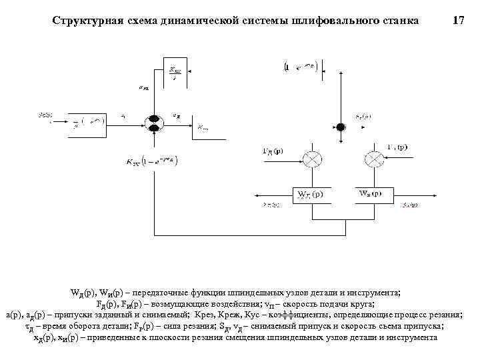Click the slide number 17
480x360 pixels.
pos(458,21)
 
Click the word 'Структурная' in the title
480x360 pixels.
pos(85,21)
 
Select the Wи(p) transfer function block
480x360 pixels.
pos(370,194)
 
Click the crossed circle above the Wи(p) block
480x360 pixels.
pos(372,159)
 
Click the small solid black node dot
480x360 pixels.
pos(341,127)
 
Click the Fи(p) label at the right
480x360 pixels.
pos(397,147)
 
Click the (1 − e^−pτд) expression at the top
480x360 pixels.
pos(303,67)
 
